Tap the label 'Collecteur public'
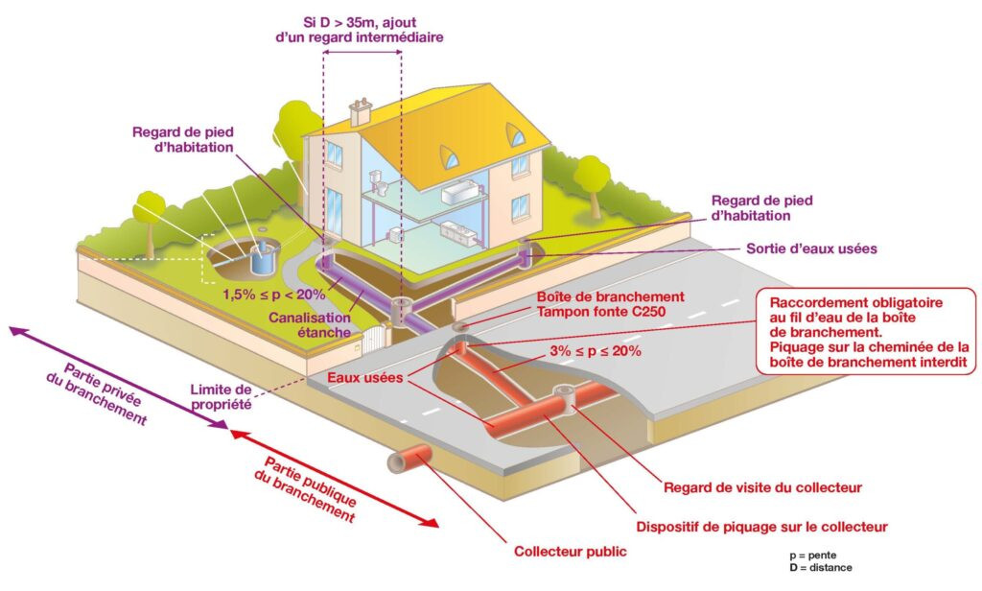coord(570,552)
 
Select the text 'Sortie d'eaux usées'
coord(811,248)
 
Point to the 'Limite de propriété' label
coord(222,397)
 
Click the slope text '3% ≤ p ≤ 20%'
coord(596,351)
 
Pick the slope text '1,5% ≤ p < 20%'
coord(274,294)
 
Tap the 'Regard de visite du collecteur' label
coord(762,487)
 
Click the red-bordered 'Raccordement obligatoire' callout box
coord(866,332)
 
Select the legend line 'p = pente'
coord(812,556)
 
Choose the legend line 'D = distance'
coord(821,568)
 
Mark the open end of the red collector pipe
coord(397,463)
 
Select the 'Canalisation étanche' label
coord(310,325)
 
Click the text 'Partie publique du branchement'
coord(308,489)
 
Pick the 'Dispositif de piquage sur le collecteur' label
coord(761,527)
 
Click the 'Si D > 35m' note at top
coord(360,30)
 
